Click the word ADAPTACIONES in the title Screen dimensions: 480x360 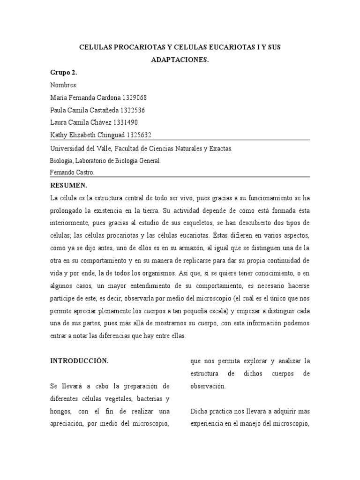[x=180, y=60]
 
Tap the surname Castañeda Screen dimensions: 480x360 [x=101, y=110]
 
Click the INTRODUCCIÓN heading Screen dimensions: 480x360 [x=79, y=361]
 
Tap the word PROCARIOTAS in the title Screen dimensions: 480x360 [x=135, y=48]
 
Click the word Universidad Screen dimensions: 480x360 [x=68, y=148]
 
